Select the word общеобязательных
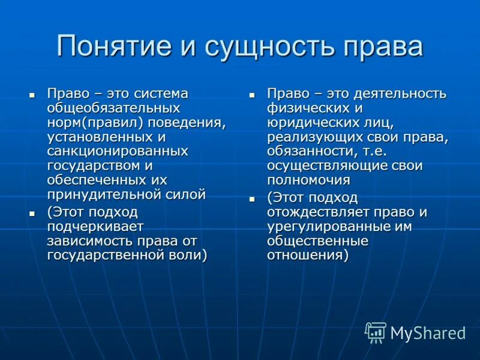click(x=114, y=108)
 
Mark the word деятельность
click(x=400, y=94)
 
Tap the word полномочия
click(x=308, y=179)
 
